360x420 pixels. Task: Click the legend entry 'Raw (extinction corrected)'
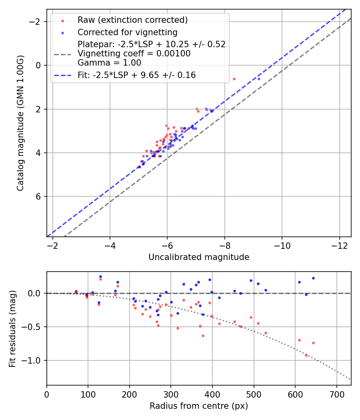click(x=132, y=20)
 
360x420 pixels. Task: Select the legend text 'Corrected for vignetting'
click(x=127, y=32)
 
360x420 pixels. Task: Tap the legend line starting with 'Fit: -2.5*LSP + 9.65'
click(x=136, y=75)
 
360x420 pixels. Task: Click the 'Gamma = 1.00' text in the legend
click(x=109, y=63)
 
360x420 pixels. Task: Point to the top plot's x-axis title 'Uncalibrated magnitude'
click(x=199, y=257)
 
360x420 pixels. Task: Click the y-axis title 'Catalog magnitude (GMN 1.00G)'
click(x=21, y=123)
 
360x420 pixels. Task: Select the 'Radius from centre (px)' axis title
click(x=199, y=406)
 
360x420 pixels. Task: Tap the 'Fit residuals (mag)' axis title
click(x=12, y=329)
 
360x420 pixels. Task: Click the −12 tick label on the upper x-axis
click(x=339, y=244)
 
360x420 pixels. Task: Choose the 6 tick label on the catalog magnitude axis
click(x=38, y=197)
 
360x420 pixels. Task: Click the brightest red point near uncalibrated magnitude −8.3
click(x=234, y=79)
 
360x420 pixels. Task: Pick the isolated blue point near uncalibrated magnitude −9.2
click(x=259, y=79)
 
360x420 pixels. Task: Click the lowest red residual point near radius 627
click(x=306, y=355)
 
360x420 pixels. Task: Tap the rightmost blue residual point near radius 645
click(x=313, y=278)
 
